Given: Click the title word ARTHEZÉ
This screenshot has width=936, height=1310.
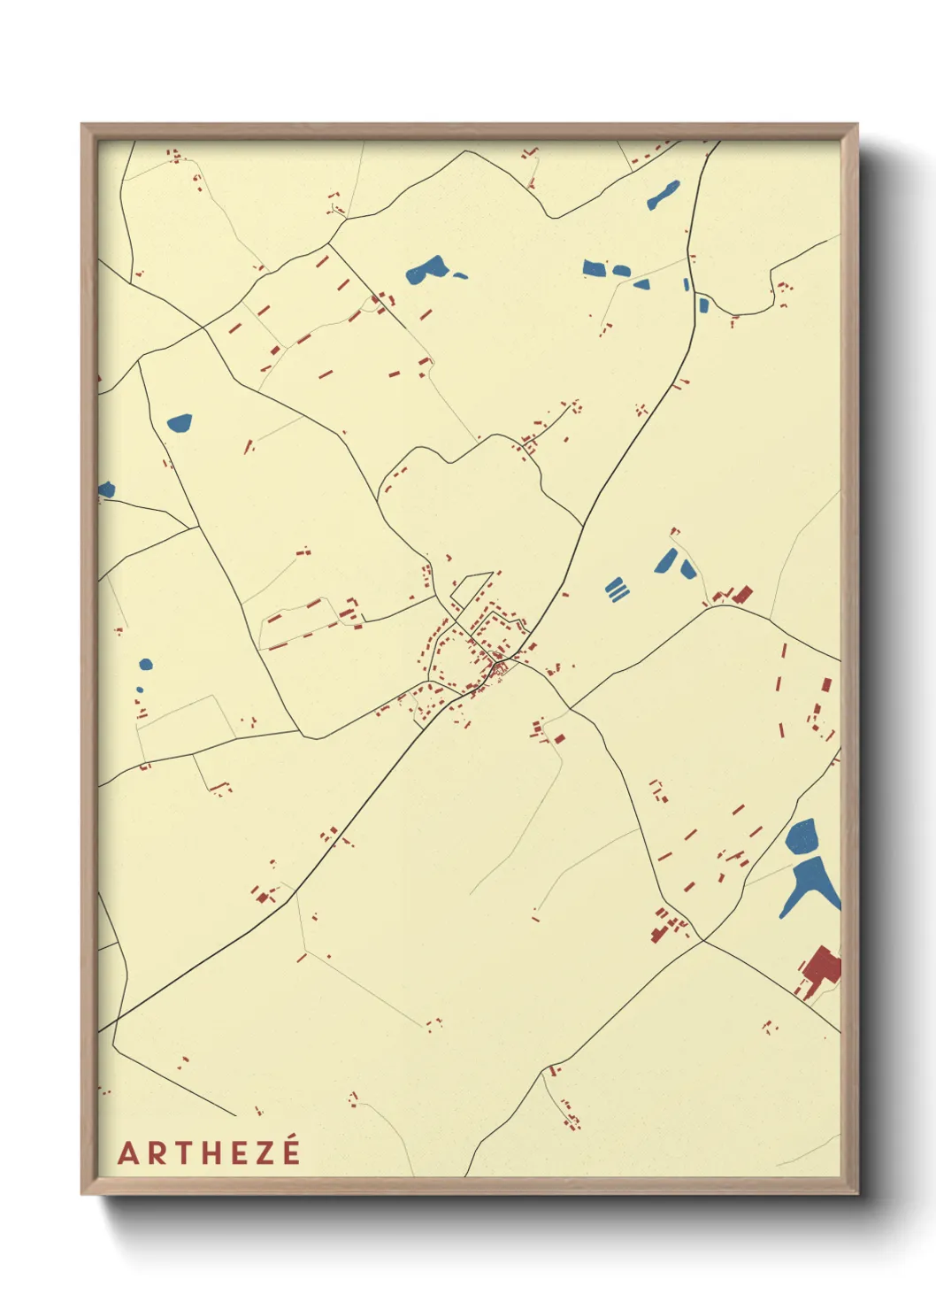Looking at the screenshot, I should pos(209,1152).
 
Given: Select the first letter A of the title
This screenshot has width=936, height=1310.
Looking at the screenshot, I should pos(128,1153).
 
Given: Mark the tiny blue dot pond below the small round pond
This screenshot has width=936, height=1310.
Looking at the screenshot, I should pos(139,690).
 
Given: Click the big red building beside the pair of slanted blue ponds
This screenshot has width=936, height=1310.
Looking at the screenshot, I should pos(740,594).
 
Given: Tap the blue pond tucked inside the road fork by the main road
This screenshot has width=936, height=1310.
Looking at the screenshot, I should pos(703,305).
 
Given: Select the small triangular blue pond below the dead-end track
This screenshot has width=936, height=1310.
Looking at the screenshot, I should pos(641,284).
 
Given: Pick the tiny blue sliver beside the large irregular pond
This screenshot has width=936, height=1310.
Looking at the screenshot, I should pos(460,275).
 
